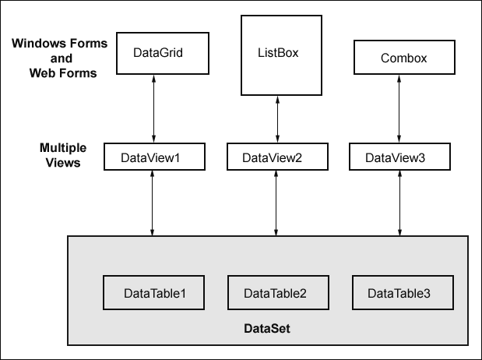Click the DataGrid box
point(163,53)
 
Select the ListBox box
point(281,55)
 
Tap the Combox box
point(404,57)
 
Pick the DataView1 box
point(154,157)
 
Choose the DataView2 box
point(277,157)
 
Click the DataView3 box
point(399,157)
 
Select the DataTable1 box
point(153,293)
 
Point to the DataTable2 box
point(278,293)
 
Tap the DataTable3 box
point(403,293)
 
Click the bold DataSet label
point(267,329)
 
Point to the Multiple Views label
point(63,155)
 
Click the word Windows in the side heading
point(38,44)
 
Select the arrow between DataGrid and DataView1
point(153,108)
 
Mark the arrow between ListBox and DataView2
point(277,119)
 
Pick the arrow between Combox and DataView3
point(399,108)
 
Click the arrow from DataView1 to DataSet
point(152,203)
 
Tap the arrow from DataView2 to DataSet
point(276,203)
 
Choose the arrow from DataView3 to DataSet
point(399,203)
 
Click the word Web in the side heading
point(41,73)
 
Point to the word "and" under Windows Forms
point(62,58)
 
